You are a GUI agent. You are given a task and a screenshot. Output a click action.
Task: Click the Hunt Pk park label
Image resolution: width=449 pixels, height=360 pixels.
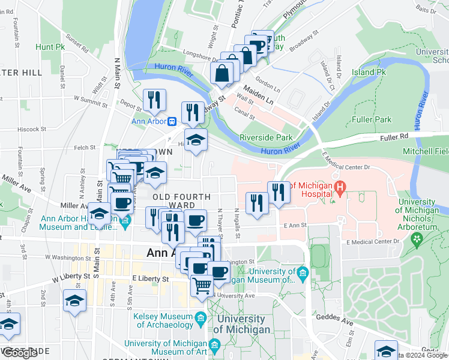50,47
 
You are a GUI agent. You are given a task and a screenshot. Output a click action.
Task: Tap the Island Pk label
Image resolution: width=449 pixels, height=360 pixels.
369,72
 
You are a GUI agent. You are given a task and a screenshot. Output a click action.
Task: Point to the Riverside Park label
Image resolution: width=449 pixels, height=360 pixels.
265,137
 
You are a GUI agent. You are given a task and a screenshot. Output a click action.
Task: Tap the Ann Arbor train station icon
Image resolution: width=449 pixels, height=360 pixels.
172,121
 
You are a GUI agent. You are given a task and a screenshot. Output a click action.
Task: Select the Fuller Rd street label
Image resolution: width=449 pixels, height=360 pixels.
394,137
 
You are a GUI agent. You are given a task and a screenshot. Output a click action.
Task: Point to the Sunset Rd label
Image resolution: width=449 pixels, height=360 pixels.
77,41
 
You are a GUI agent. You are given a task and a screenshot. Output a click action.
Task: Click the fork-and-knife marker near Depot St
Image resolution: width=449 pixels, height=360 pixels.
154,100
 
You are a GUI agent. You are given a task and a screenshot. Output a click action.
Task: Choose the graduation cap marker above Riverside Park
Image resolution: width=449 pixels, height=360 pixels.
196,140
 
